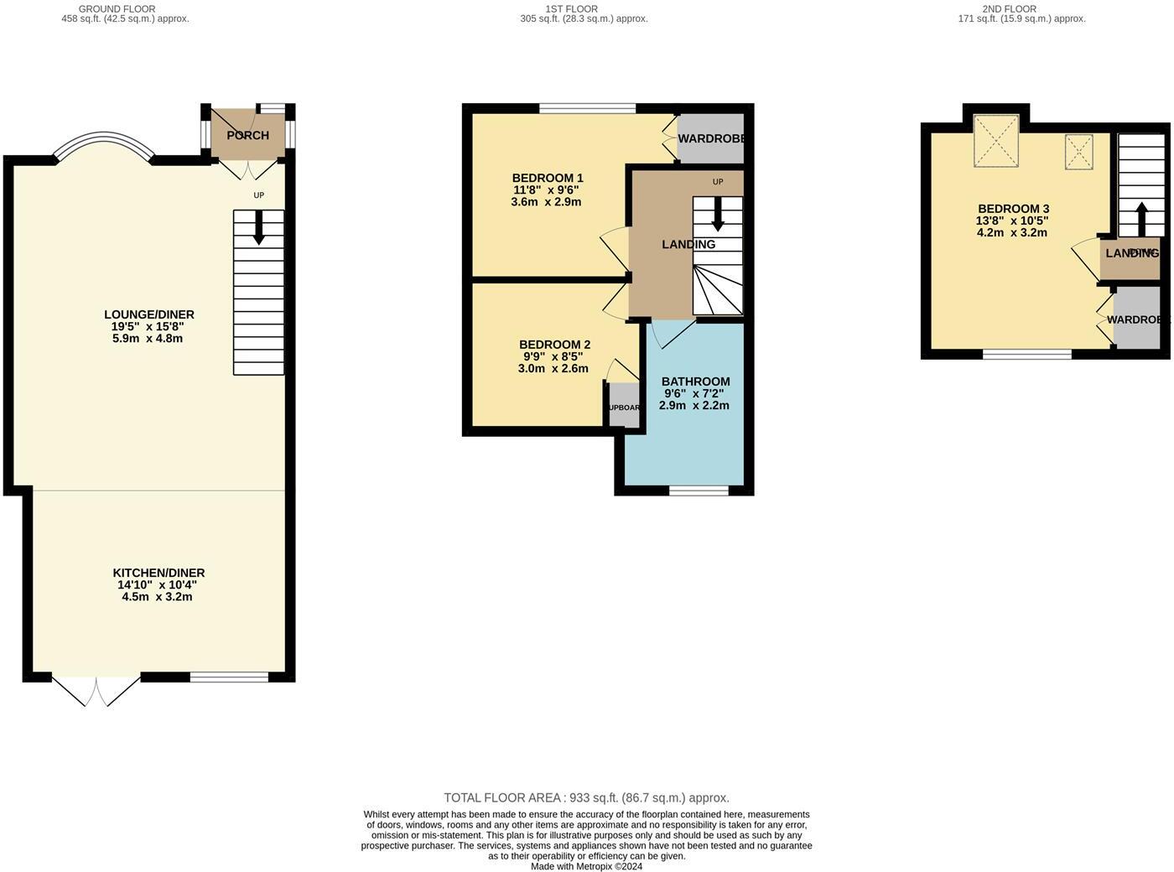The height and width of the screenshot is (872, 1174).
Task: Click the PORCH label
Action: click(x=247, y=135)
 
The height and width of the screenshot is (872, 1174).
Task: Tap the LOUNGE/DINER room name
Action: click(x=148, y=314)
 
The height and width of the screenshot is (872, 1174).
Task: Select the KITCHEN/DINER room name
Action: click(x=158, y=573)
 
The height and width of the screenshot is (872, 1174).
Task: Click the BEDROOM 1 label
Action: click(x=548, y=178)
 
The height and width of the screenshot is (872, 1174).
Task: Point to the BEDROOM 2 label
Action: click(x=554, y=345)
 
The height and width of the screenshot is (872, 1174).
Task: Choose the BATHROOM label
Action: click(x=695, y=381)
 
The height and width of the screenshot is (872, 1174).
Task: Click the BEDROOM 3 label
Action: click(x=1013, y=209)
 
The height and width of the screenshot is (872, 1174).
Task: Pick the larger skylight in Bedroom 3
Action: click(x=996, y=141)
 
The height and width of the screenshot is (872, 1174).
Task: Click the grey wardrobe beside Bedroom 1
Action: click(x=710, y=138)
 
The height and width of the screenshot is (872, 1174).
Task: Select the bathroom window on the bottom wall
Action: click(x=699, y=490)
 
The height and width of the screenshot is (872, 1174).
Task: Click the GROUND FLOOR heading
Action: click(x=117, y=9)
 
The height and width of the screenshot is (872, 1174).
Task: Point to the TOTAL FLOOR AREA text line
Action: click(x=586, y=798)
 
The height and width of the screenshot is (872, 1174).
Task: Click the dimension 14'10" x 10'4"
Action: click(x=158, y=585)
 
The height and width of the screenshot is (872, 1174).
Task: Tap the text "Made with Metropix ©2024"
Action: click(x=586, y=867)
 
